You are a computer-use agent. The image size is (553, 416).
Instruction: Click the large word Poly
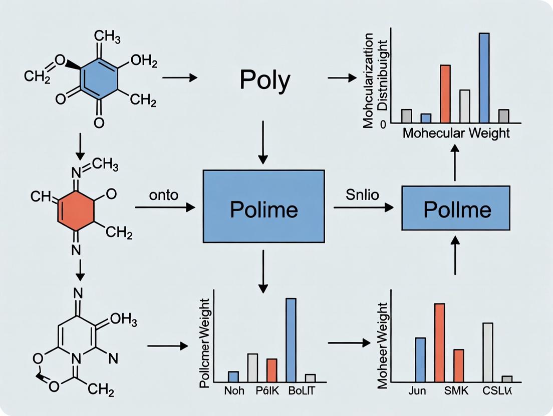point(265,79)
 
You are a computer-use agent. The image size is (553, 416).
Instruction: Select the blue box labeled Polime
point(263,206)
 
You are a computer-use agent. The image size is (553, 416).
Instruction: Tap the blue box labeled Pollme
point(456,208)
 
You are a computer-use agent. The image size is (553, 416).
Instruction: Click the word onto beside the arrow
point(163,195)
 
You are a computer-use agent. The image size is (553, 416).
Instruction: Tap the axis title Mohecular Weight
point(456,133)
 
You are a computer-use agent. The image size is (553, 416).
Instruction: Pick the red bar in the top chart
point(445,94)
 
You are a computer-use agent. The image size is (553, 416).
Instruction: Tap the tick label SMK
point(456,391)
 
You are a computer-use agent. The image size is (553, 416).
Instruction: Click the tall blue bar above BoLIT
point(291,340)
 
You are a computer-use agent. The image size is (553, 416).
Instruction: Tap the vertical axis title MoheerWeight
point(383,345)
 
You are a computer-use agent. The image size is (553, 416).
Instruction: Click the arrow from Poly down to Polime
point(262,142)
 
